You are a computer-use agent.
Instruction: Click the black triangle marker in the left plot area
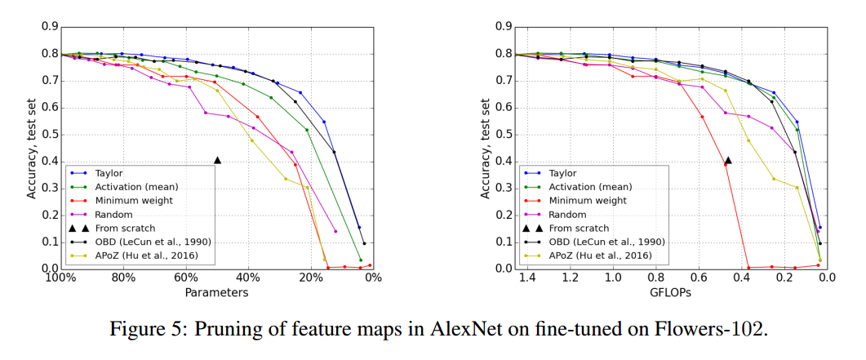(x=217, y=161)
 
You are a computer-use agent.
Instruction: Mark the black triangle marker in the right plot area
(x=728, y=161)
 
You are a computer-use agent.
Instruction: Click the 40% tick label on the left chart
(x=248, y=278)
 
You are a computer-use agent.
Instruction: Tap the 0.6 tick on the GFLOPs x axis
(x=699, y=278)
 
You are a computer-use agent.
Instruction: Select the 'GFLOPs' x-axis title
(x=672, y=291)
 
